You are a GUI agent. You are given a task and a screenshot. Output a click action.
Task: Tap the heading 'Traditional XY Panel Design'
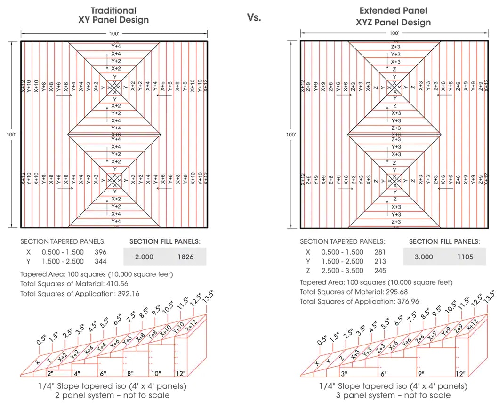pos(113,15)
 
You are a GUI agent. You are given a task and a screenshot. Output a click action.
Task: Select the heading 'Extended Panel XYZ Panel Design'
pos(393,16)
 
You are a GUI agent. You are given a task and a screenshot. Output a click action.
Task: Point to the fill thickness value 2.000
pos(145,257)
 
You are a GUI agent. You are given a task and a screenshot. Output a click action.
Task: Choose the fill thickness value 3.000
pos(424,257)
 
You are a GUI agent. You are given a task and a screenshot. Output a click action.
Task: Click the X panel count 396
pos(100,252)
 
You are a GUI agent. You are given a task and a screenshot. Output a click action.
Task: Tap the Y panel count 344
pos(100,261)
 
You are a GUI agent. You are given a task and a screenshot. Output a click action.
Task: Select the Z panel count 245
pos(380,270)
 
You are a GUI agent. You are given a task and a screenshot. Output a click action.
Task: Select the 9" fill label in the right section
pos(421,373)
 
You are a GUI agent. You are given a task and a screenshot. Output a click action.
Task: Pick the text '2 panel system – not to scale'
pos(113,395)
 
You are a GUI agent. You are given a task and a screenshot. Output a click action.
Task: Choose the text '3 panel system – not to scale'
pos(393,395)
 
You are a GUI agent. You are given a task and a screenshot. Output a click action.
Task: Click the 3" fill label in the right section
pos(344,373)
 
